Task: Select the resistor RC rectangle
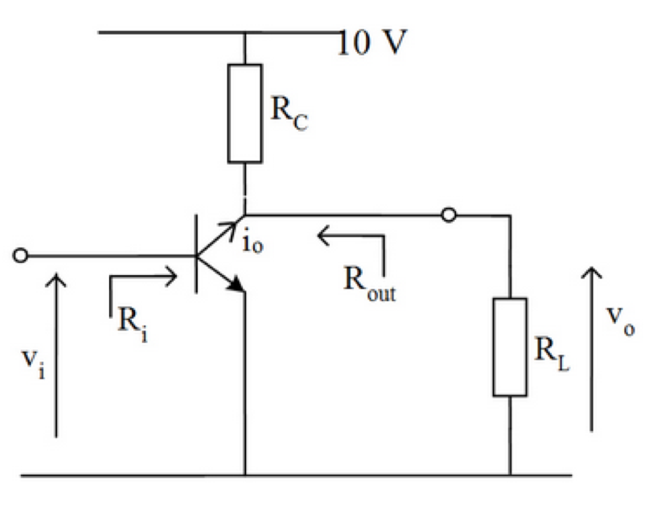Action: (x=244, y=114)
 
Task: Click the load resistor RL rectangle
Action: (x=509, y=347)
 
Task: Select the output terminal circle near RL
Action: (x=449, y=215)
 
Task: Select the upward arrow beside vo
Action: (x=592, y=347)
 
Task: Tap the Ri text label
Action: (x=133, y=323)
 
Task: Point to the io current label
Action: (x=253, y=243)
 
